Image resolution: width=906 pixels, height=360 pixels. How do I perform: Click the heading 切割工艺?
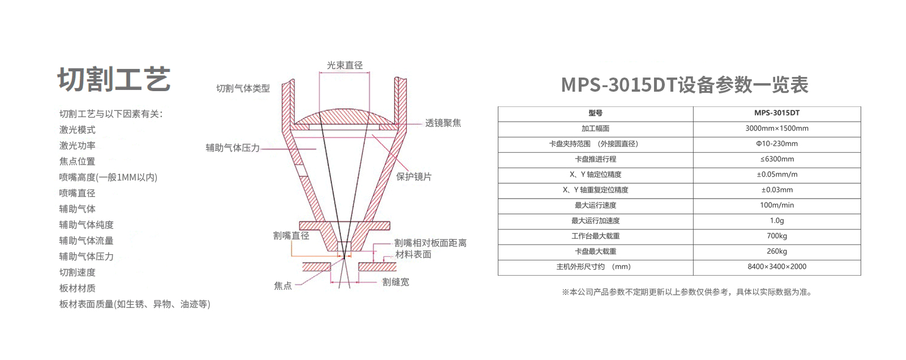[114, 79]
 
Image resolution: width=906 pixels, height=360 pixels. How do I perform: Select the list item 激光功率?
[78, 145]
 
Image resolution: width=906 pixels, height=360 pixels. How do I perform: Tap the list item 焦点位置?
[78, 161]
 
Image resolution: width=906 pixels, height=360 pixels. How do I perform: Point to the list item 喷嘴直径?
[78, 193]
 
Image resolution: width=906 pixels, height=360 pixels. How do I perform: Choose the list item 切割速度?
[78, 272]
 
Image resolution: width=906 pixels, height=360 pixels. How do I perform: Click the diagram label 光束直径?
[345, 65]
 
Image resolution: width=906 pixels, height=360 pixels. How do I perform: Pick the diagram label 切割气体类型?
[243, 88]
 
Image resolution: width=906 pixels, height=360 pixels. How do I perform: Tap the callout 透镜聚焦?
[443, 123]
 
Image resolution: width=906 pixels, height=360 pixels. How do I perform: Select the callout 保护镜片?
[414, 177]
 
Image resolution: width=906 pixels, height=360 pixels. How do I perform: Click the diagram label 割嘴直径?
[291, 235]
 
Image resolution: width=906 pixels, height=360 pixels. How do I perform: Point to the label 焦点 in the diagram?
[283, 286]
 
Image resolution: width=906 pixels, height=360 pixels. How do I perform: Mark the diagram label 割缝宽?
[396, 282]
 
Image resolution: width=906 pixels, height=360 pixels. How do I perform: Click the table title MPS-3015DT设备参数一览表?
[685, 85]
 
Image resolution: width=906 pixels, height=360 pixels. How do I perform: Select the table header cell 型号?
[596, 113]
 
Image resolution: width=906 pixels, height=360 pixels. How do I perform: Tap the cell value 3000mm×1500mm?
[777, 128]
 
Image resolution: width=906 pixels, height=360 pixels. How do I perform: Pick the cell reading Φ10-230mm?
[777, 144]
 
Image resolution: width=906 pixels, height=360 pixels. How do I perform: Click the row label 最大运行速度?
[596, 205]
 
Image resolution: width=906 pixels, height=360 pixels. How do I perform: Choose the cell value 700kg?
[777, 235]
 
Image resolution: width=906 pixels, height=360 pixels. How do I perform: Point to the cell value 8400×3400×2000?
[777, 267]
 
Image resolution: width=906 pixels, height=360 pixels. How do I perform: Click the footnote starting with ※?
[687, 292]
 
